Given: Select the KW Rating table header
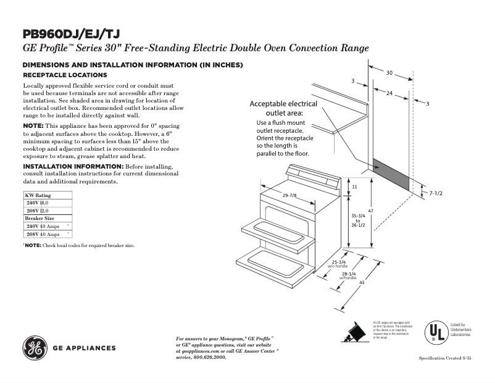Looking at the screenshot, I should click(38, 195).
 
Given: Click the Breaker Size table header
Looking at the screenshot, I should click(40, 219).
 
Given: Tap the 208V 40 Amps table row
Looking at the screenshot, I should click(43, 235).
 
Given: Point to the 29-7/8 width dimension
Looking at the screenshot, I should click(289, 196).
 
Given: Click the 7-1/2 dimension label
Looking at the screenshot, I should click(436, 193).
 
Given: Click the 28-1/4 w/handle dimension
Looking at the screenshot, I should click(349, 276).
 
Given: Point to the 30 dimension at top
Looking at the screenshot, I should click(389, 73).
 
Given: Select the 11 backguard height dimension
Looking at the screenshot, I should click(354, 187).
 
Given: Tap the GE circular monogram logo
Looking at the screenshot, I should click(35, 348).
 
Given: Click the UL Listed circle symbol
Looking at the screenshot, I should click(436, 332).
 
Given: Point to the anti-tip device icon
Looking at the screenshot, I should click(353, 333).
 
